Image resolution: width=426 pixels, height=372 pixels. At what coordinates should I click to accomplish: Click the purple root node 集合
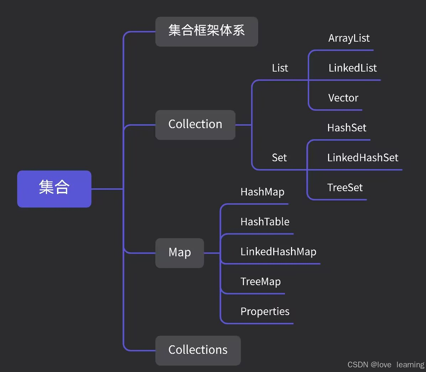pyautogui.click(x=54, y=189)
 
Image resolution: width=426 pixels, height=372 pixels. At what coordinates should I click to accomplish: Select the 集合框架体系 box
pyautogui.click(x=207, y=31)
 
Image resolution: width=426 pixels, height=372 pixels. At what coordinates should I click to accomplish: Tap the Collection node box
pyautogui.click(x=195, y=125)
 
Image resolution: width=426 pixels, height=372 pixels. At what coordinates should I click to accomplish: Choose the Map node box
pyautogui.click(x=180, y=253)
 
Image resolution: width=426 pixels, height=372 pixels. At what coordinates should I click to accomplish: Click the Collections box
pyautogui.click(x=198, y=350)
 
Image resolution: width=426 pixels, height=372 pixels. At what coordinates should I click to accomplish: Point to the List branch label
pyautogui.click(x=280, y=68)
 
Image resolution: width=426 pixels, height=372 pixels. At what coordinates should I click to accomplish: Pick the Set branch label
pyautogui.click(x=279, y=158)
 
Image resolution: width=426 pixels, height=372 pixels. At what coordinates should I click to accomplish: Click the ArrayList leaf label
pyautogui.click(x=349, y=38)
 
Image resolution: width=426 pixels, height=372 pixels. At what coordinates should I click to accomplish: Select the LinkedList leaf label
pyautogui.click(x=353, y=68)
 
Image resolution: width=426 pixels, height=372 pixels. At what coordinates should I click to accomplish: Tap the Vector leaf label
pyautogui.click(x=343, y=98)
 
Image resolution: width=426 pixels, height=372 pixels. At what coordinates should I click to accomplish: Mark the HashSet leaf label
pyautogui.click(x=347, y=128)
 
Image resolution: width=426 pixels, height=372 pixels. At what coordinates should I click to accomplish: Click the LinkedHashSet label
pyautogui.click(x=363, y=158)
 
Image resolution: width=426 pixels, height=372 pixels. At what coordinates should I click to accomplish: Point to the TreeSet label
pyautogui.click(x=345, y=188)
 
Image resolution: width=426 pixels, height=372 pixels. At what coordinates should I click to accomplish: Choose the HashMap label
pyautogui.click(x=263, y=192)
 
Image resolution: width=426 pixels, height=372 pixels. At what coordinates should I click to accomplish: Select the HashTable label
pyautogui.click(x=265, y=222)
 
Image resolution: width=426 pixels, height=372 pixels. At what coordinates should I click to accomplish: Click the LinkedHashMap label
pyautogui.click(x=279, y=252)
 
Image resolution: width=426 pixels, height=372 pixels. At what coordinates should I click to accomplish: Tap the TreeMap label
pyautogui.click(x=261, y=282)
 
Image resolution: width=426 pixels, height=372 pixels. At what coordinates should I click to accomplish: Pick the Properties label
pyautogui.click(x=265, y=311)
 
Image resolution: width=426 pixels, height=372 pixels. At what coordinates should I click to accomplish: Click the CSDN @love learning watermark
pyautogui.click(x=386, y=365)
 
